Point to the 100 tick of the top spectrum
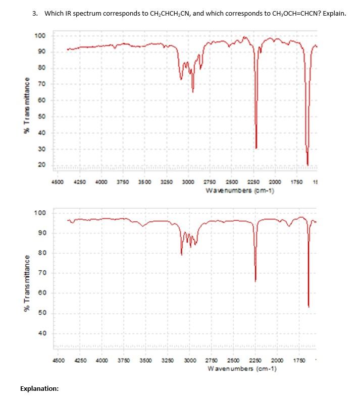click(40, 35)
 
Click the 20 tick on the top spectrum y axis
click(41, 165)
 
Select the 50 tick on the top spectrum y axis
click(41, 116)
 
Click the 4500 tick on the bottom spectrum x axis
click(59, 361)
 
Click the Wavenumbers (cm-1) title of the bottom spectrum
click(241, 369)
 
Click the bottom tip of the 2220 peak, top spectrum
click(256, 148)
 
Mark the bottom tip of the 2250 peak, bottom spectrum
click(255, 281)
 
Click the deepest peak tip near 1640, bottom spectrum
click(308, 306)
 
